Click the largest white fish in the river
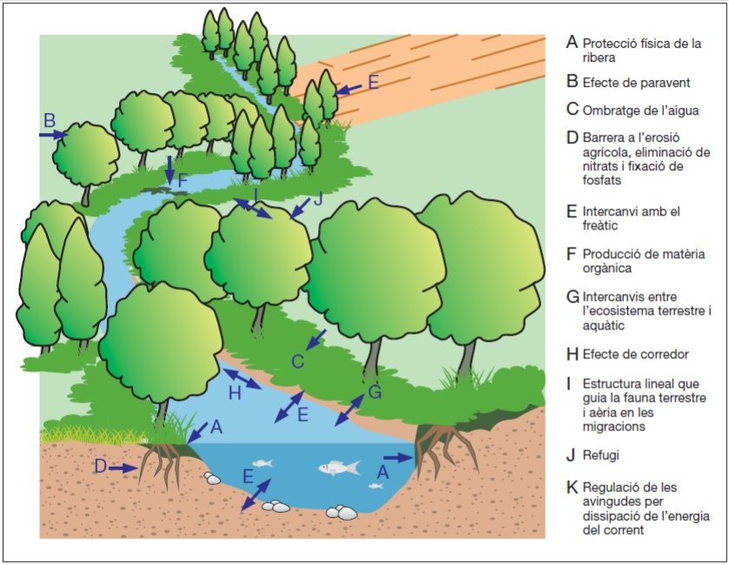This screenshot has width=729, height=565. click(340, 469)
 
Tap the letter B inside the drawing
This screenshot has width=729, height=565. click(50, 119)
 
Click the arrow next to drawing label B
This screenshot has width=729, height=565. click(53, 135)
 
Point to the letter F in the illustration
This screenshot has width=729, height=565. click(182, 182)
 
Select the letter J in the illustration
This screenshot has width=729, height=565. click(316, 199)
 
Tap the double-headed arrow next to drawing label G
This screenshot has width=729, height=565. click(351, 409)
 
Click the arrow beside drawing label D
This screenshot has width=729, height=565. click(124, 468)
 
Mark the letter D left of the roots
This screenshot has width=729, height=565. click(100, 467)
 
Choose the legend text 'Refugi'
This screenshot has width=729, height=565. click(601, 454)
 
